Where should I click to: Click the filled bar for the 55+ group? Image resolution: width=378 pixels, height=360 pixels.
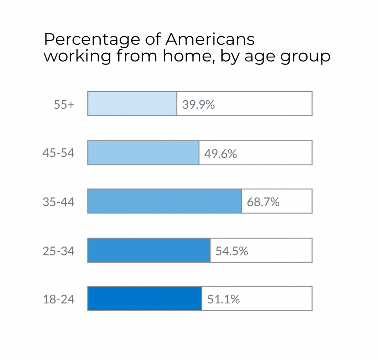(x=132, y=104)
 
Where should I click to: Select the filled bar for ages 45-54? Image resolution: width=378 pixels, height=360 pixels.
(x=143, y=153)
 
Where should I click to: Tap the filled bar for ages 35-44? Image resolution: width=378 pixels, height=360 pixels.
(x=165, y=201)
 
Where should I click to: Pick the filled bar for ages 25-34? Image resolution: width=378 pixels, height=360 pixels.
(x=149, y=250)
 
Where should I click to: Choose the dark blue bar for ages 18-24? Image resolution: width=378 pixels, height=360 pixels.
(x=145, y=298)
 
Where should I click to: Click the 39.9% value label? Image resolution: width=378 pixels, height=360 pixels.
(x=198, y=105)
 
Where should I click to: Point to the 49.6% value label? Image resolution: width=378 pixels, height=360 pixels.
(x=220, y=154)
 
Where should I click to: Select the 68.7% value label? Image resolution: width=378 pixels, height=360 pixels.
(x=263, y=202)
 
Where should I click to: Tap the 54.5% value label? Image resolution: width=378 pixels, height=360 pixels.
(x=232, y=251)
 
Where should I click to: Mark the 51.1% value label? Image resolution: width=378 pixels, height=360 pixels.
(x=223, y=299)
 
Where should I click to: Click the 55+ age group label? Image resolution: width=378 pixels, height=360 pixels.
(x=64, y=105)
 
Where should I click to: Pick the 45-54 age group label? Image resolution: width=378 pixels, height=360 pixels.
(x=59, y=153)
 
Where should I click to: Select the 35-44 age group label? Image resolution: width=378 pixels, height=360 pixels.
(x=59, y=202)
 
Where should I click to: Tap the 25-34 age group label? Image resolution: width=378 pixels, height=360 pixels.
(x=59, y=251)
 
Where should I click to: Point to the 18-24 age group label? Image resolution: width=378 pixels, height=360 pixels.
(x=59, y=299)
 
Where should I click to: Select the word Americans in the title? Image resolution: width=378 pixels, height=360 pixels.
(x=210, y=39)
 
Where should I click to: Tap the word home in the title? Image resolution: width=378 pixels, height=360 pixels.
(x=188, y=56)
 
